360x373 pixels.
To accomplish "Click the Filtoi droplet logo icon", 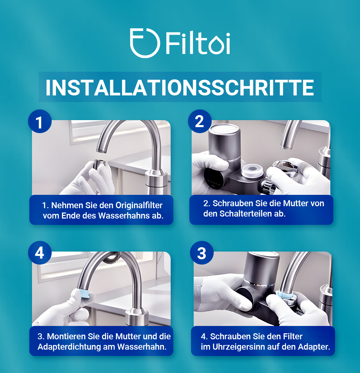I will coord(144,43).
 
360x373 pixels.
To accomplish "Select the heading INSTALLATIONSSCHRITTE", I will coord(180,87).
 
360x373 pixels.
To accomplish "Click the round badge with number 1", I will coord(40,122).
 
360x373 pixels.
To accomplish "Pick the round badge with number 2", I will coord(200,121).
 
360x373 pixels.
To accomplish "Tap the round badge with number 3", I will coord(202,253).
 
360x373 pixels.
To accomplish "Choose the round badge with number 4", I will coord(40,253).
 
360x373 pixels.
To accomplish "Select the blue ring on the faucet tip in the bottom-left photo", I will coord(83,293).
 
